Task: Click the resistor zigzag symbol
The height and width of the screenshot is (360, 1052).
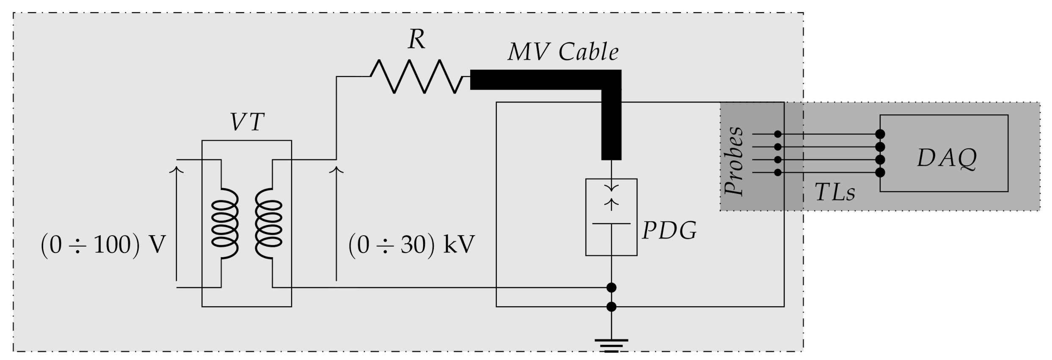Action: tap(417, 77)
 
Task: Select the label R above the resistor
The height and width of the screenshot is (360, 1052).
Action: tap(416, 41)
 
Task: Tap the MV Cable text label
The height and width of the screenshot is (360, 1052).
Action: tap(563, 52)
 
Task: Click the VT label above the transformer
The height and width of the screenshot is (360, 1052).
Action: tap(247, 123)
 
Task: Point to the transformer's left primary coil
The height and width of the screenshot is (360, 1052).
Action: tap(225, 223)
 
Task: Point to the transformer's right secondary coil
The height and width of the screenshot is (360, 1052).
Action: tap(268, 223)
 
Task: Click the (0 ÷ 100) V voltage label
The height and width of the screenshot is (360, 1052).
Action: tap(103, 245)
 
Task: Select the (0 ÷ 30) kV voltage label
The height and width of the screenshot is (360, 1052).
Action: tap(411, 245)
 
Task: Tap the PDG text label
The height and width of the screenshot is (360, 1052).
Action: tap(669, 231)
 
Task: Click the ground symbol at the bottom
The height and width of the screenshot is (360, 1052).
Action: tap(611, 345)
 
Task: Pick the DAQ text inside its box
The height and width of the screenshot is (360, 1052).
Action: tap(947, 159)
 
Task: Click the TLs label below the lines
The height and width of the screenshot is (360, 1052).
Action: tap(834, 193)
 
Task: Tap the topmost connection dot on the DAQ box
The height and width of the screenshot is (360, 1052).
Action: tap(880, 134)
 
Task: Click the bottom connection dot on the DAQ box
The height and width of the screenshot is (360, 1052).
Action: tap(880, 172)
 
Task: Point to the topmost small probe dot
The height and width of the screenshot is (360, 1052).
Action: tap(778, 134)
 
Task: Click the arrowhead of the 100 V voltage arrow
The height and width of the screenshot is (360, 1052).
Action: tap(176, 170)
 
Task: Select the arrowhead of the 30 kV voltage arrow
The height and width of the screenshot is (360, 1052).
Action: tap(336, 170)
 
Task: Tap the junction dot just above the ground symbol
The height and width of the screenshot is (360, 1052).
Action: tap(611, 307)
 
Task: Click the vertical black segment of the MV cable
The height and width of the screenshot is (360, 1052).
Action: tap(611, 127)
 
